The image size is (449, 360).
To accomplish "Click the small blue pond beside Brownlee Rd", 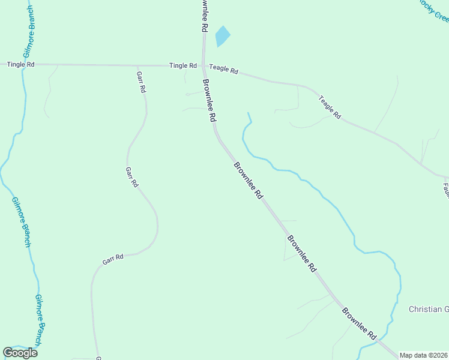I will pos(222,37).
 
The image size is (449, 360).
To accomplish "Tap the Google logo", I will pos(20,353).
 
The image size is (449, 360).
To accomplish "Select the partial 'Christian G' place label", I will pos(429,309).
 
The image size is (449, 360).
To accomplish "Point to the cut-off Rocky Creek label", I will pos(433,10).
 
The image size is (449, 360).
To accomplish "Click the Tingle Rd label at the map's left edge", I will pos(20,64).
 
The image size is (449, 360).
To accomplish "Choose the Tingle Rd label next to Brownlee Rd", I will pos(183,65).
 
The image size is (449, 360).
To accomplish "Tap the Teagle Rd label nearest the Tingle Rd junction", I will pos(224,69).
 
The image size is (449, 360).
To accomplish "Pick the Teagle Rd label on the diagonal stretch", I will pos(330,107).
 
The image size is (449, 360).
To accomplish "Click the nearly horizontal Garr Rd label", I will pos(113,259).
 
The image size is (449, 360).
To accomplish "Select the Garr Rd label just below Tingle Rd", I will pos(142,81).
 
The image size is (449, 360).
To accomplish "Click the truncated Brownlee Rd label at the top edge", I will pos(204,16).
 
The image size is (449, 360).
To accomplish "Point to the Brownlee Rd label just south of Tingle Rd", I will pos(209,101).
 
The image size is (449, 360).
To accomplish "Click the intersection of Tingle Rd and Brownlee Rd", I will pos(204,65).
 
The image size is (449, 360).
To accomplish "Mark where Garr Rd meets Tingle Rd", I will pos(137,65).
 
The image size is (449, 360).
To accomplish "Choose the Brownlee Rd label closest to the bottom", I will pos(359,325).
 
